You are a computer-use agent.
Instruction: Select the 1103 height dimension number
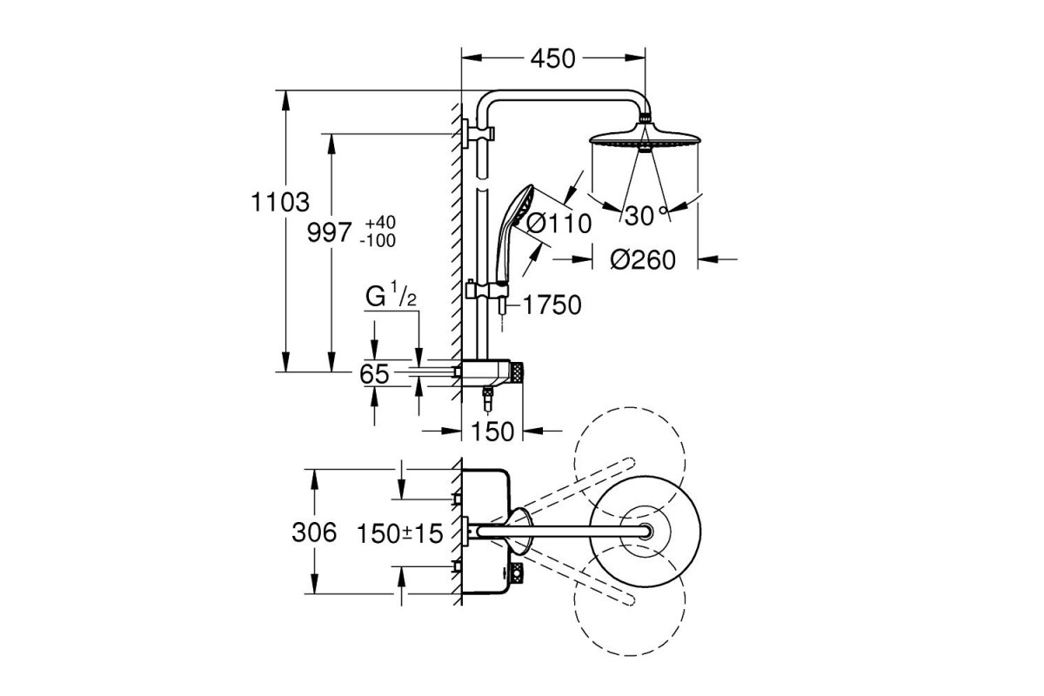coord(281,203)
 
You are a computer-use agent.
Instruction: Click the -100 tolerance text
coord(377,240)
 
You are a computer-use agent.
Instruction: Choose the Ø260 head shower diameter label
coord(642,259)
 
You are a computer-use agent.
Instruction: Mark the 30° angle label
coord(644,216)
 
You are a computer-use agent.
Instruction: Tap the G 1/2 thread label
coord(391,297)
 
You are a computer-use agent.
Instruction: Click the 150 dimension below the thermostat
coord(493,430)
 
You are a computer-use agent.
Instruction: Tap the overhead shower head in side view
coord(644,139)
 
